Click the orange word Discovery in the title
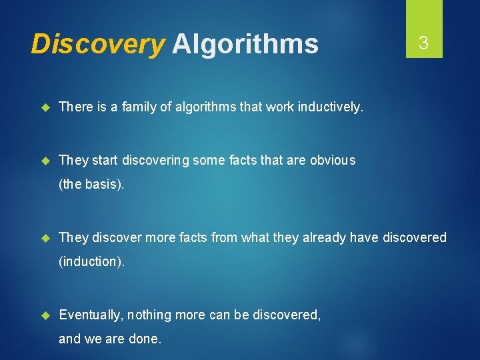(x=97, y=45)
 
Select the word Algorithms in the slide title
(x=245, y=45)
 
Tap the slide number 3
(x=423, y=44)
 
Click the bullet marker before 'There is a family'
(x=45, y=106)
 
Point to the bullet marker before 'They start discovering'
(x=45, y=160)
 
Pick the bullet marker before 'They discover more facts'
(x=45, y=237)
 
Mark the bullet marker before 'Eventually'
(x=45, y=315)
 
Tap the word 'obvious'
(x=333, y=160)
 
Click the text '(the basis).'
(x=91, y=185)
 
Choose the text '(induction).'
(x=91, y=261)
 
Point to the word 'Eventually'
(x=90, y=315)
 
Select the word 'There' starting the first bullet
(x=75, y=106)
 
